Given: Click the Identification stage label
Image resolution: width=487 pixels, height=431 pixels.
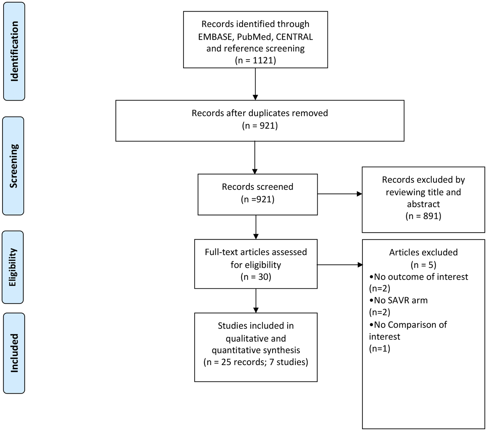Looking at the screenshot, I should click(x=14, y=51).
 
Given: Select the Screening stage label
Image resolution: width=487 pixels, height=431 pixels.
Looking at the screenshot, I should click(x=13, y=166).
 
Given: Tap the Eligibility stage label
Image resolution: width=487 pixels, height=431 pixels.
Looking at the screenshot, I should click(x=13, y=267).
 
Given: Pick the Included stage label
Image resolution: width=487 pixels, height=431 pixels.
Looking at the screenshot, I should click(x=14, y=353).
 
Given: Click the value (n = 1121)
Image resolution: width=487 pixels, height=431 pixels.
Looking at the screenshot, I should click(x=255, y=60).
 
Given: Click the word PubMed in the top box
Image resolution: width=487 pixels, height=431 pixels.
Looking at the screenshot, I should click(x=254, y=37).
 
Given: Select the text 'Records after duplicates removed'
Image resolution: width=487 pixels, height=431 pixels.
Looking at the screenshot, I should click(x=259, y=113).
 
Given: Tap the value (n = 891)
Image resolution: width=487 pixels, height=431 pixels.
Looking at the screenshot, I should click(x=423, y=216).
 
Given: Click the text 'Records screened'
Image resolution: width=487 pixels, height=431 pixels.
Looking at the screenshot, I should click(x=258, y=187).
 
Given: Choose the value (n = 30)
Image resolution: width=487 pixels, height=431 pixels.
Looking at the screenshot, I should click(x=256, y=277).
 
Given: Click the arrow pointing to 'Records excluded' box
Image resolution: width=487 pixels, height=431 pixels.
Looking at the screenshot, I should click(x=339, y=194).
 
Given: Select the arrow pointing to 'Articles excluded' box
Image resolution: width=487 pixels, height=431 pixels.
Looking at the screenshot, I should click(x=340, y=265).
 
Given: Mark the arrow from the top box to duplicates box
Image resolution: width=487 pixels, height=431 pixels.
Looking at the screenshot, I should click(x=255, y=84).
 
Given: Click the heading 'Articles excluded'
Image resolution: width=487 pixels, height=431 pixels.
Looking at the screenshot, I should click(x=423, y=252).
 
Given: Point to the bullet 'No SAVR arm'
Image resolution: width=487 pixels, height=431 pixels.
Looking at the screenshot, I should click(x=398, y=300).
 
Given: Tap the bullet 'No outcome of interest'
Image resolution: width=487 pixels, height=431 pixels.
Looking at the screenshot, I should click(x=419, y=277).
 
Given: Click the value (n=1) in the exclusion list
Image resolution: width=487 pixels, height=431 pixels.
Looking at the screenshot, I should click(x=380, y=348).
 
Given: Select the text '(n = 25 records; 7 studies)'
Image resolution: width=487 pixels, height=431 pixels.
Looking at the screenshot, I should click(x=256, y=362).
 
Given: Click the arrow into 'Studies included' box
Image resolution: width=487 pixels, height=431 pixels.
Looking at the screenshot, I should click(x=256, y=300).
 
